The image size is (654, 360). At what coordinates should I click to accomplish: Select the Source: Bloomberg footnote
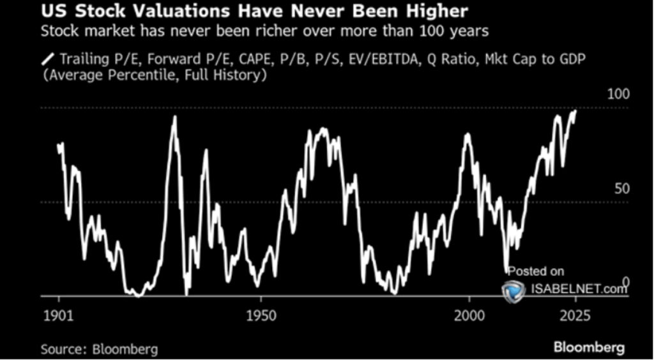pyautogui.click(x=99, y=349)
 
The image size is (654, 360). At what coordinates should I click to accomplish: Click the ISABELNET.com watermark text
pyautogui.click(x=578, y=289)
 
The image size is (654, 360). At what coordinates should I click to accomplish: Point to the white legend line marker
pyautogui.click(x=47, y=59)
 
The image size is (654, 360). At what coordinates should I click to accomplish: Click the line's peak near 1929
pyautogui.click(x=174, y=117)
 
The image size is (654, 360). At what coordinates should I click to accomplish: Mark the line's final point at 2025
pyautogui.click(x=575, y=111)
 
